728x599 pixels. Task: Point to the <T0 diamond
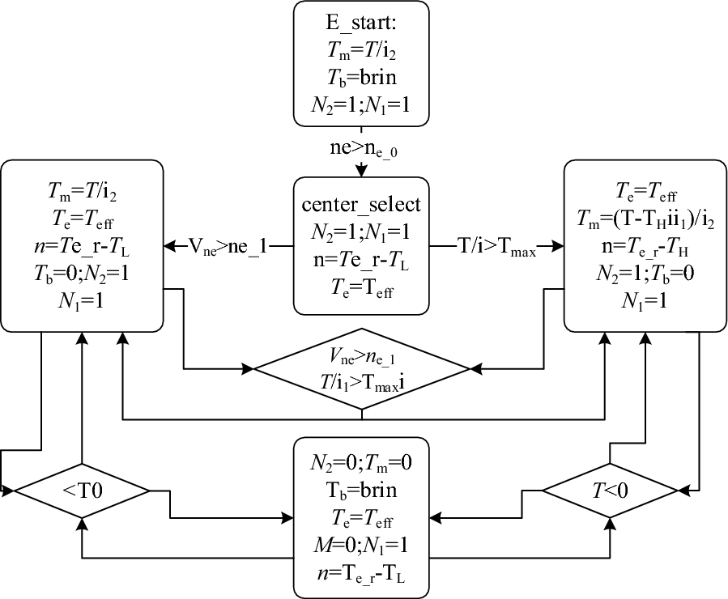(x=81, y=489)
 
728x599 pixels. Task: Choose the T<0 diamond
(x=609, y=489)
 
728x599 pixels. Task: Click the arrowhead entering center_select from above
(x=362, y=170)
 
